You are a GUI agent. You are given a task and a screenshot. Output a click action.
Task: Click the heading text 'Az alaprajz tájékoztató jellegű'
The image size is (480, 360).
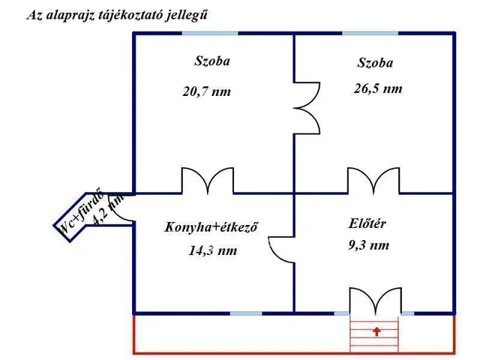tap(118, 14)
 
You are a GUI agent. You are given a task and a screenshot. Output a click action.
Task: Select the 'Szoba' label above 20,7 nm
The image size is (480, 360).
tap(212, 61)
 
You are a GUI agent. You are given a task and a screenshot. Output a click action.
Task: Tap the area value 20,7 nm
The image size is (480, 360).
tap(206, 91)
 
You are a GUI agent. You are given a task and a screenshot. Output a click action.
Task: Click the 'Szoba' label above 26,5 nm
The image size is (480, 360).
tap(375, 63)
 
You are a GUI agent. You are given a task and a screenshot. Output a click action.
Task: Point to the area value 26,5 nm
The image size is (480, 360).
tap(377, 88)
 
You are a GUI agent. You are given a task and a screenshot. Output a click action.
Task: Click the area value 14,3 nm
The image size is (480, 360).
tap(212, 251)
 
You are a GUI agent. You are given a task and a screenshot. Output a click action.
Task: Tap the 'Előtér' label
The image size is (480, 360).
tap(367, 223)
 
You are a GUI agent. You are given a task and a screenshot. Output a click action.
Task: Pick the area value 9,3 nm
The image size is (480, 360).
tap(368, 244)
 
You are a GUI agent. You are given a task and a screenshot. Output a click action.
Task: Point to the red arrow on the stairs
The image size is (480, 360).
tap(376, 330)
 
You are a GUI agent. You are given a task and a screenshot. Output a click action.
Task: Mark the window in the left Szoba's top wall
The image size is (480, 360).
tap(209, 33)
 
